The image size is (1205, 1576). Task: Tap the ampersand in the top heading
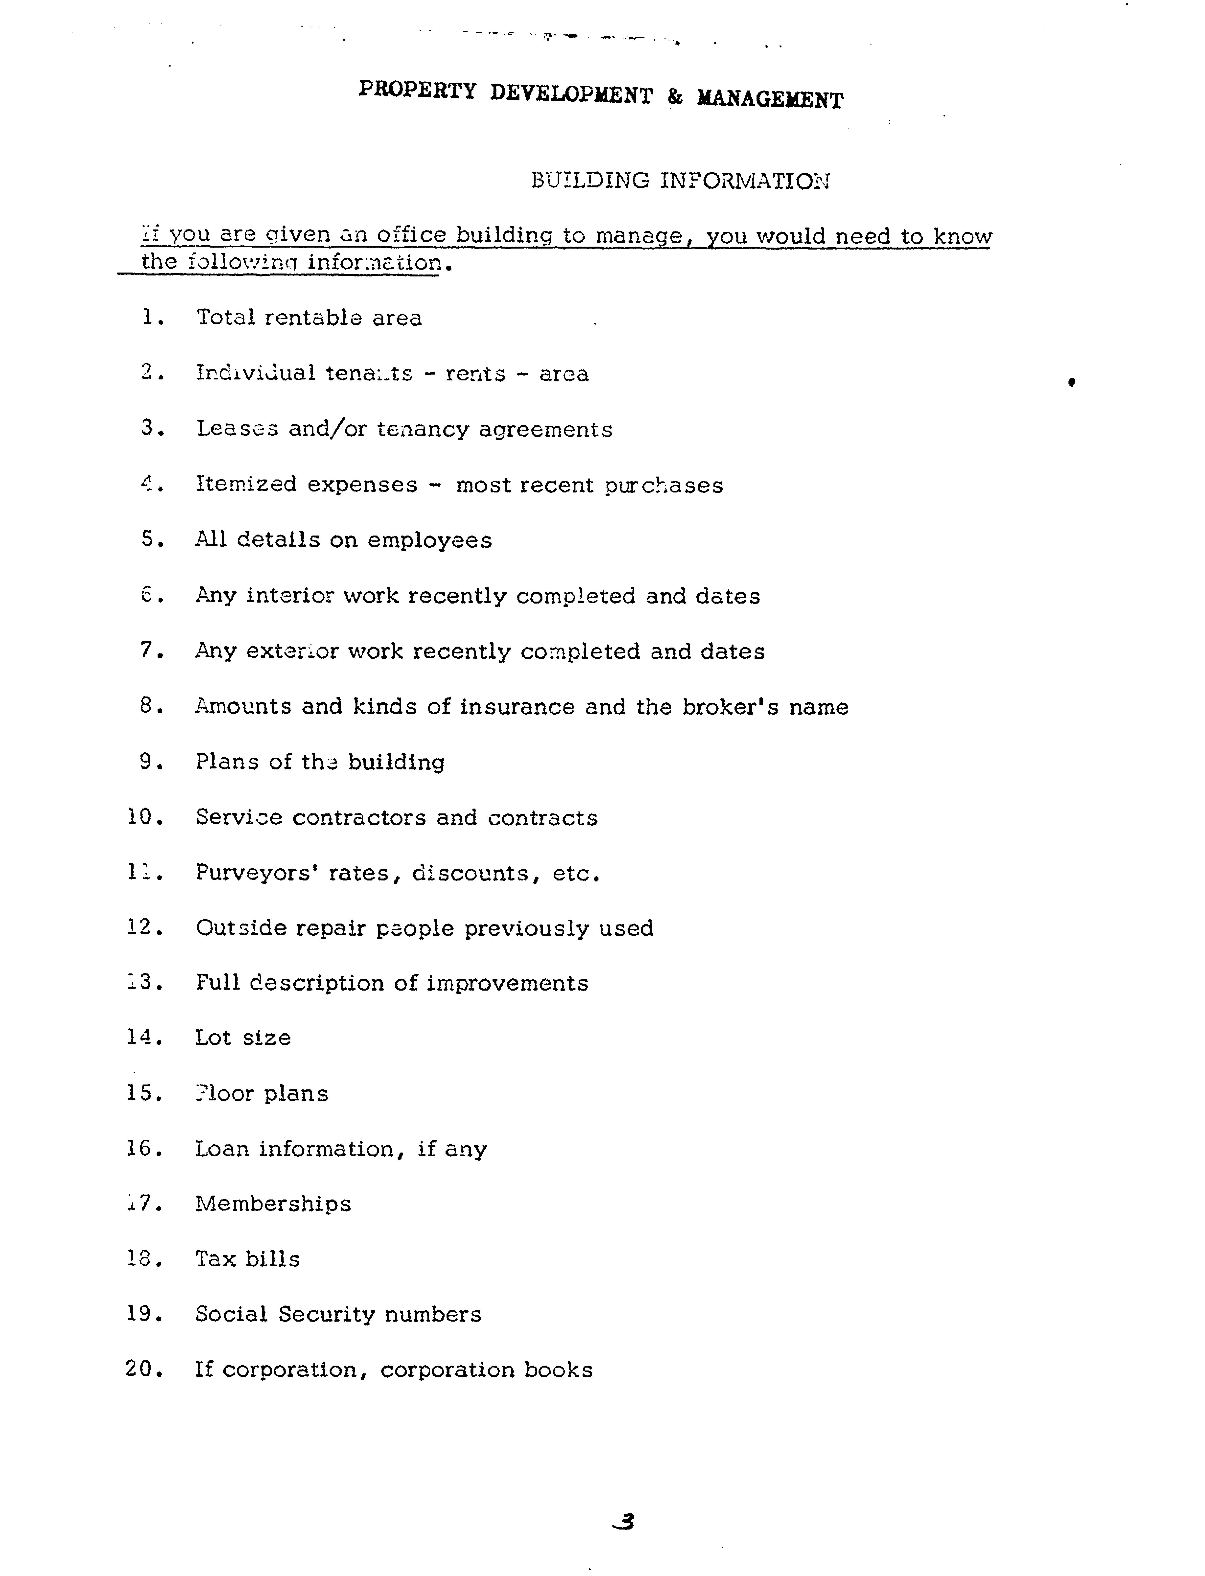[674, 96]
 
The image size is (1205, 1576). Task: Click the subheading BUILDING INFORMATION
[680, 180]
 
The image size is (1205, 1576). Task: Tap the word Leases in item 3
[237, 429]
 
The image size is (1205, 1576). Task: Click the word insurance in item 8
[516, 707]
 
